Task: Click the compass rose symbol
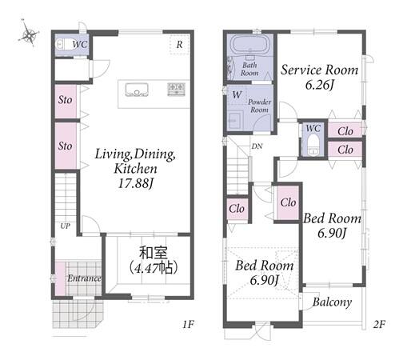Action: (29, 34)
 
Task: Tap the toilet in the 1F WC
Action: (62, 44)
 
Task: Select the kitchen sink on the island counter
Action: (137, 90)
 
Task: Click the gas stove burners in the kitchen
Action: (177, 89)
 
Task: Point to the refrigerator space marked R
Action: (179, 44)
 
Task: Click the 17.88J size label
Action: (135, 183)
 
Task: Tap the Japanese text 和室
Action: (154, 253)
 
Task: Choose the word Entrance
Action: (84, 278)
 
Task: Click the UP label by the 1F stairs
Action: (65, 226)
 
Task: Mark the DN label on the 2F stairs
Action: (257, 146)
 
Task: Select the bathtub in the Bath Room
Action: (250, 45)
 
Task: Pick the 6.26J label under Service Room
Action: (320, 85)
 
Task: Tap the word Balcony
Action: (332, 302)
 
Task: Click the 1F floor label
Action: (188, 324)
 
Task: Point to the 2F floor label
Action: (379, 324)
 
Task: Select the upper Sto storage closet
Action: (66, 101)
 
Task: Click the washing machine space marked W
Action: (237, 94)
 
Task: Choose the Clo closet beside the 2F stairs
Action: (237, 209)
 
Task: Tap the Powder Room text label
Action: (259, 106)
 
